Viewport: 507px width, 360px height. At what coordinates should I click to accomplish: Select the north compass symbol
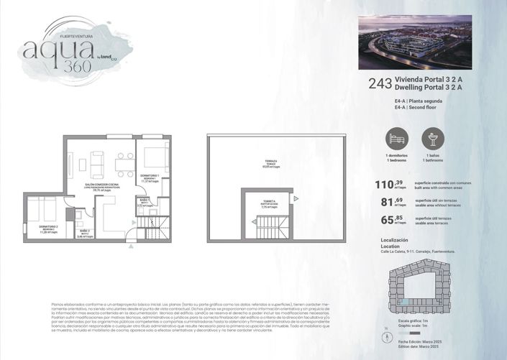380,336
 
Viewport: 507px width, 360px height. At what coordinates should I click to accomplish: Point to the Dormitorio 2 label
48,229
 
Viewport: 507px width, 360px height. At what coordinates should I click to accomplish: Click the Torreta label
269,203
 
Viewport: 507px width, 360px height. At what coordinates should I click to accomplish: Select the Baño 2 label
84,232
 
